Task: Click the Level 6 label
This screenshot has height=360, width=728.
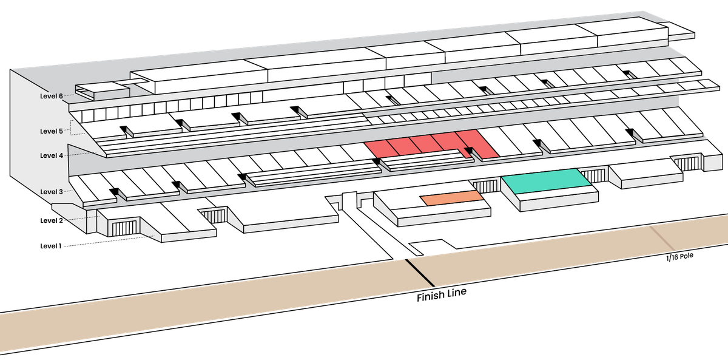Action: [52, 96]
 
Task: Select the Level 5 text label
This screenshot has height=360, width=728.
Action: [52, 131]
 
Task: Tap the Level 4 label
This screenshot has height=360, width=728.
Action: [52, 155]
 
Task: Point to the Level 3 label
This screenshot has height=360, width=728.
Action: [52, 192]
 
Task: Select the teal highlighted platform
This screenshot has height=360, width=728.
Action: [545, 182]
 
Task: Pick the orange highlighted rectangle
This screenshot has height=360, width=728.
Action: [452, 197]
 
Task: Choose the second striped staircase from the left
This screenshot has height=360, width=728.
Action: [212, 216]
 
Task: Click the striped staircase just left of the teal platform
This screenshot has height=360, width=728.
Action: [485, 186]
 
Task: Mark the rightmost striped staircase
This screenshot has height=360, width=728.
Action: [687, 163]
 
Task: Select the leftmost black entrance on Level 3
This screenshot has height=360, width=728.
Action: [113, 192]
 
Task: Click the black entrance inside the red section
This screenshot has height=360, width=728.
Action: [468, 150]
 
